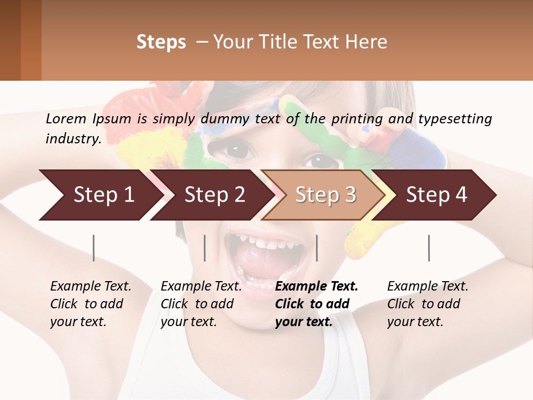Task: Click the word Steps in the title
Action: (161, 42)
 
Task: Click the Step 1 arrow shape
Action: (100, 195)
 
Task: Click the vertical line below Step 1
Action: (94, 248)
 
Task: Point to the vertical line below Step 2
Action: (205, 248)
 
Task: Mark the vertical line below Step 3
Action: (316, 248)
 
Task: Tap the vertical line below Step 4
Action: (429, 248)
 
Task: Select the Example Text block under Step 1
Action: (90, 304)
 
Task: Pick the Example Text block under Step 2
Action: (201, 304)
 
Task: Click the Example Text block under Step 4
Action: (428, 304)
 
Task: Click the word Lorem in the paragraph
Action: (66, 118)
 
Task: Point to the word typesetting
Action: (455, 118)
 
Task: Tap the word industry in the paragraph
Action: (73, 138)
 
